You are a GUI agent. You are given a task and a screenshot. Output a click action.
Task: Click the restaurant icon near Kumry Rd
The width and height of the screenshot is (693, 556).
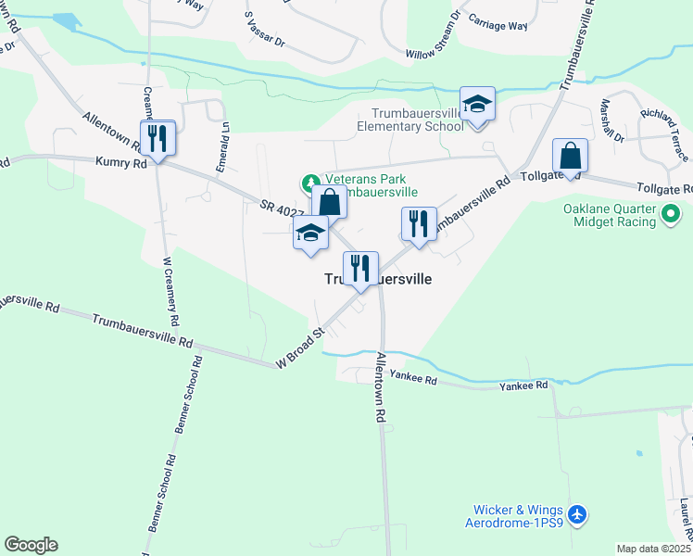(157, 140)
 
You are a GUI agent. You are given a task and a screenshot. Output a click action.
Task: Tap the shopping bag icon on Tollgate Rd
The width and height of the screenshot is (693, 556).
(570, 156)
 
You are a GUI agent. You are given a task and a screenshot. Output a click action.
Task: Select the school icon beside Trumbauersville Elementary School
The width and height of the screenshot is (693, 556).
(477, 105)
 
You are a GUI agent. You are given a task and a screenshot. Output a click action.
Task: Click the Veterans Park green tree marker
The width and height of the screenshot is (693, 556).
(309, 181)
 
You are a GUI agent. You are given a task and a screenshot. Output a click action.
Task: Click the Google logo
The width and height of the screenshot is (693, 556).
(31, 545)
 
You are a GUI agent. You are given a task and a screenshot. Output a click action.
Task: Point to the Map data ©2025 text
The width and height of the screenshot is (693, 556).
(653, 549)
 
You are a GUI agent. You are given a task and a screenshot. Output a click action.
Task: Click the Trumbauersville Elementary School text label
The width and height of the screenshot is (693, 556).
(410, 120)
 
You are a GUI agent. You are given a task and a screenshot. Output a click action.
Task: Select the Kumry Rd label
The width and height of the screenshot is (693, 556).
(121, 162)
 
